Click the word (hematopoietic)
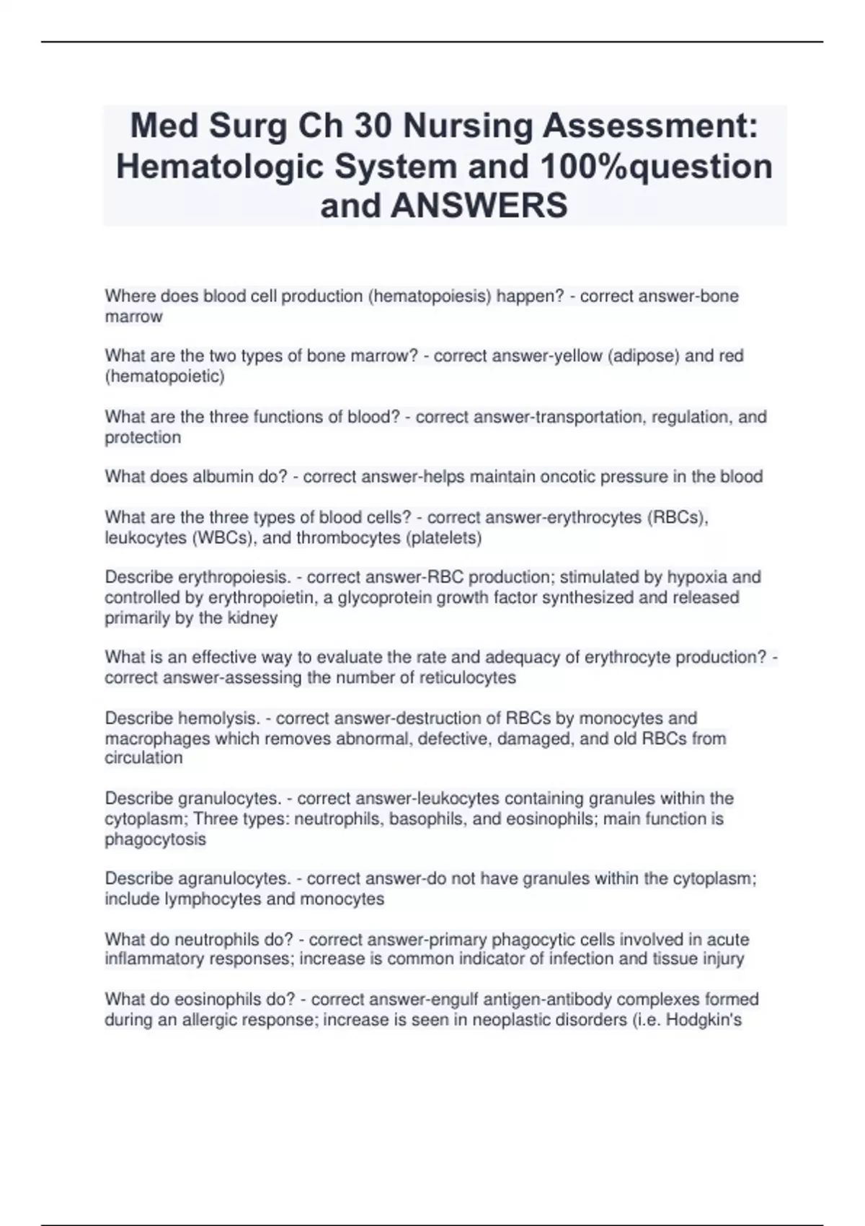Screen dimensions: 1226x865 165,376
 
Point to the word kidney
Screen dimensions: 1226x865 252,617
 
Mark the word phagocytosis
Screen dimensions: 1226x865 156,839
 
